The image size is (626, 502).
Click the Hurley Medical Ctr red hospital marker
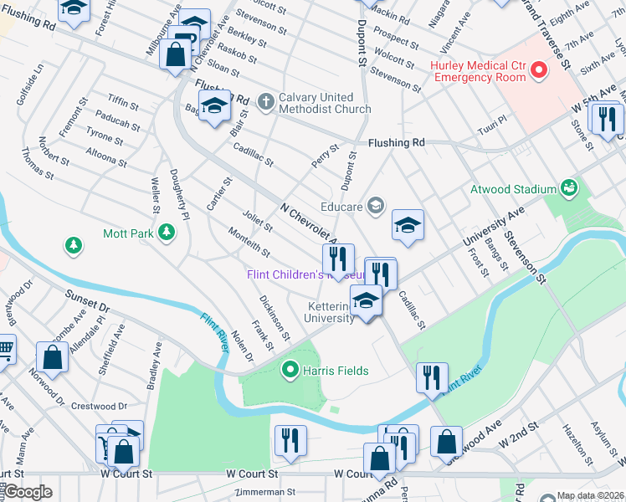coord(536,72)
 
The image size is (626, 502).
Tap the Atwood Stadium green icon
coord(569,187)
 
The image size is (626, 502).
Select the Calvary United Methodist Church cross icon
coord(266,102)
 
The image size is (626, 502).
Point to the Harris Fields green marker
coord(290,369)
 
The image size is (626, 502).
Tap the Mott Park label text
coord(128,233)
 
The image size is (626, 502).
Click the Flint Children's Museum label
coord(305,275)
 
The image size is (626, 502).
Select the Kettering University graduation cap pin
coord(366,301)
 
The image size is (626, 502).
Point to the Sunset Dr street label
coord(89,303)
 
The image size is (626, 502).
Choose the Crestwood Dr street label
coord(99,407)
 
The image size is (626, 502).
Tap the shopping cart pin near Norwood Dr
coord(5,349)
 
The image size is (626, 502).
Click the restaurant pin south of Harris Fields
coord(290,440)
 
